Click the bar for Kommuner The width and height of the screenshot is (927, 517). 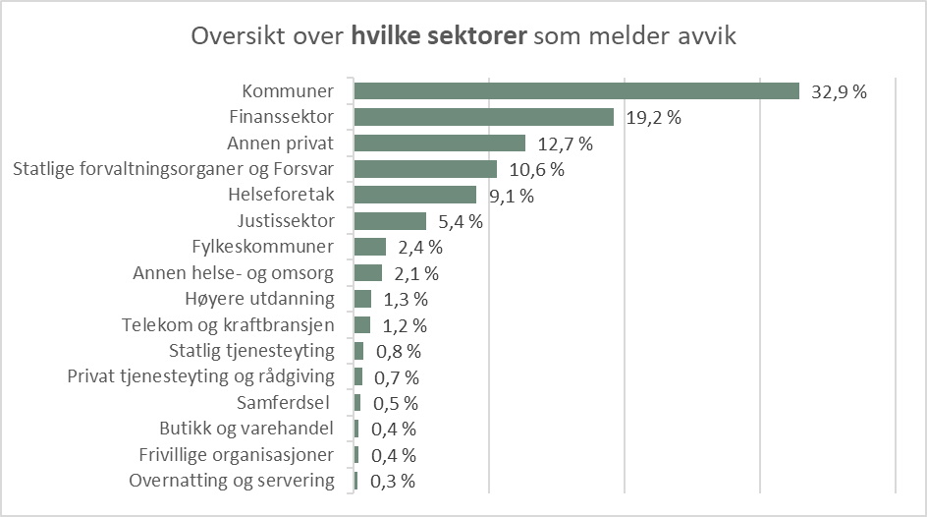pyautogui.click(x=576, y=91)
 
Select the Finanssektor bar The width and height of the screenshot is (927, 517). pyautogui.click(x=483, y=117)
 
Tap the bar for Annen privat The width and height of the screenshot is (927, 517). pyautogui.click(x=439, y=144)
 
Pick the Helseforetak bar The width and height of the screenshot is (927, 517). pyautogui.click(x=414, y=196)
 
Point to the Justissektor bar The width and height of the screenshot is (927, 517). pyautogui.click(x=390, y=221)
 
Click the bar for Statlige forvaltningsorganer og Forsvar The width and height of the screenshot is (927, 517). pyautogui.click(x=425, y=169)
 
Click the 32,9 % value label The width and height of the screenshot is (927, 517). pyautogui.click(x=839, y=92)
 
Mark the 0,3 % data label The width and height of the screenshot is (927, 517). pyautogui.click(x=393, y=482)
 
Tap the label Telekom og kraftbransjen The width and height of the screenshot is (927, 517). pyautogui.click(x=228, y=324)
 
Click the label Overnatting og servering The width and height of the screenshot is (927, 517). pyautogui.click(x=232, y=481)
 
